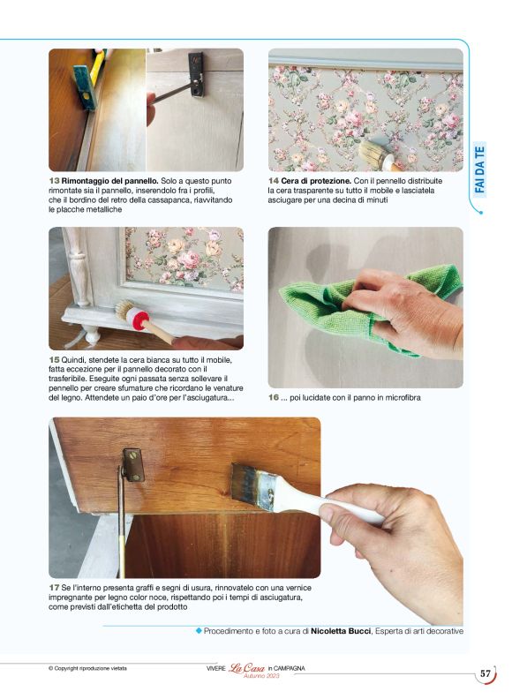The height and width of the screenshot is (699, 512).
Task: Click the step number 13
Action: click(x=54, y=181)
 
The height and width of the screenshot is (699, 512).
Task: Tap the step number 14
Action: click(x=274, y=181)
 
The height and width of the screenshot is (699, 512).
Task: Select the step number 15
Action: click(x=54, y=360)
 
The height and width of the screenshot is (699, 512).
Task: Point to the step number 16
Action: click(x=274, y=397)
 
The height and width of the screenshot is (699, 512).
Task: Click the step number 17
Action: click(x=54, y=588)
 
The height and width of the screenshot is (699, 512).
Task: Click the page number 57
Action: click(x=486, y=673)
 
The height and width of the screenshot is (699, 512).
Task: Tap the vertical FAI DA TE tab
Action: click(x=479, y=169)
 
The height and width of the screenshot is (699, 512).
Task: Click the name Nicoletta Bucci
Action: click(x=341, y=631)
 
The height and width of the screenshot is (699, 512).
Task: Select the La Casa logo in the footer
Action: click(x=246, y=668)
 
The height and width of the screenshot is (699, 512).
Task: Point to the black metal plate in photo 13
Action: click(x=196, y=74)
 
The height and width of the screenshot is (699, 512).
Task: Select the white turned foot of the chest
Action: click(x=93, y=334)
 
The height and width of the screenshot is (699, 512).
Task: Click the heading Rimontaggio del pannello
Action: click(x=109, y=181)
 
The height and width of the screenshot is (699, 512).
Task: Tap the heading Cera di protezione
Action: click(x=316, y=181)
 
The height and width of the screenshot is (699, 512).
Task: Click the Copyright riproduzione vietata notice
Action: click(x=87, y=668)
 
